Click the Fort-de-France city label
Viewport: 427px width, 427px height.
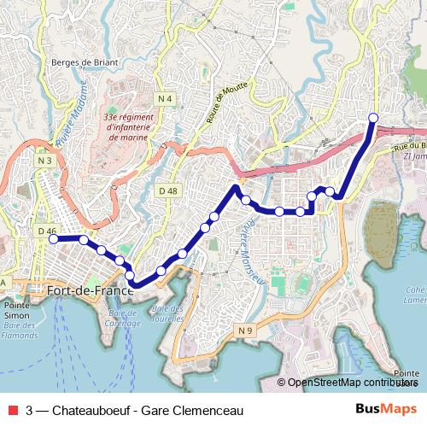pyautogui.click(x=91, y=291)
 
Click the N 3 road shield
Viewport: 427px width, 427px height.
pyautogui.click(x=45, y=160)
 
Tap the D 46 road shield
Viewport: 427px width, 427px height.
pyautogui.click(x=46, y=231)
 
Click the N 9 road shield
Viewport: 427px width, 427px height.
pyautogui.click(x=246, y=330)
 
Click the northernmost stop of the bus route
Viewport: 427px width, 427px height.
pyautogui.click(x=372, y=118)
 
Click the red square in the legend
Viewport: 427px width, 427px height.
pyautogui.click(x=11, y=410)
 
